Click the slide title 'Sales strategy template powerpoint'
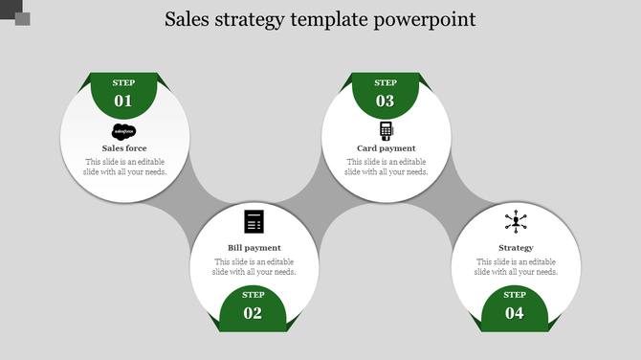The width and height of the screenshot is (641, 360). [x=320, y=19]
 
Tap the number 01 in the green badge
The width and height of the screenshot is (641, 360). [x=123, y=101]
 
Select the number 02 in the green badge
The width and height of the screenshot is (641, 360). [x=253, y=313]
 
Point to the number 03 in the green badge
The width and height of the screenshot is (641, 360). [x=385, y=101]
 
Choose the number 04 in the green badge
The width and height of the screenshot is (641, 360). [x=515, y=313]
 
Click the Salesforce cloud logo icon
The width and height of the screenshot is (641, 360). [x=124, y=132]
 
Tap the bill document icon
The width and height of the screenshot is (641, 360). [x=254, y=221]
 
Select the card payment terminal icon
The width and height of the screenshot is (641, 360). [x=386, y=131]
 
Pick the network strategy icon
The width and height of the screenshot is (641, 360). [x=516, y=222]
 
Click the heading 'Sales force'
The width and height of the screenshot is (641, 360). [x=124, y=148]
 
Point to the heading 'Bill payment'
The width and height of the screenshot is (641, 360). [x=254, y=248]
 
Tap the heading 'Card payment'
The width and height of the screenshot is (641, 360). [x=386, y=148]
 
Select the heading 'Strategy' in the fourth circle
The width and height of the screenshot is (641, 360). [x=516, y=248]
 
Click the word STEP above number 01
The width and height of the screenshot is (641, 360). [x=123, y=83]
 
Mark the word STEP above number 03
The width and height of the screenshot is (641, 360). [x=385, y=83]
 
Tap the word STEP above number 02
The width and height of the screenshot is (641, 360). [x=253, y=295]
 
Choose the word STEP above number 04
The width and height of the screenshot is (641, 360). [x=515, y=295]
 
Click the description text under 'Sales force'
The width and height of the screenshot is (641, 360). [x=124, y=167]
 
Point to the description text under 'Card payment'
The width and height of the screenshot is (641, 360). [x=386, y=167]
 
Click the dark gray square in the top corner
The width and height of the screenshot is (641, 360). [x=22, y=19]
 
